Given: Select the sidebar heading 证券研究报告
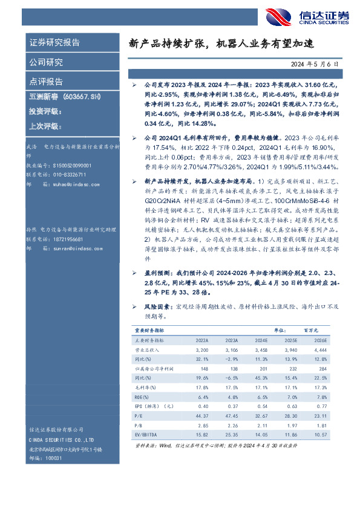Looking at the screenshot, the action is [55, 43].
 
